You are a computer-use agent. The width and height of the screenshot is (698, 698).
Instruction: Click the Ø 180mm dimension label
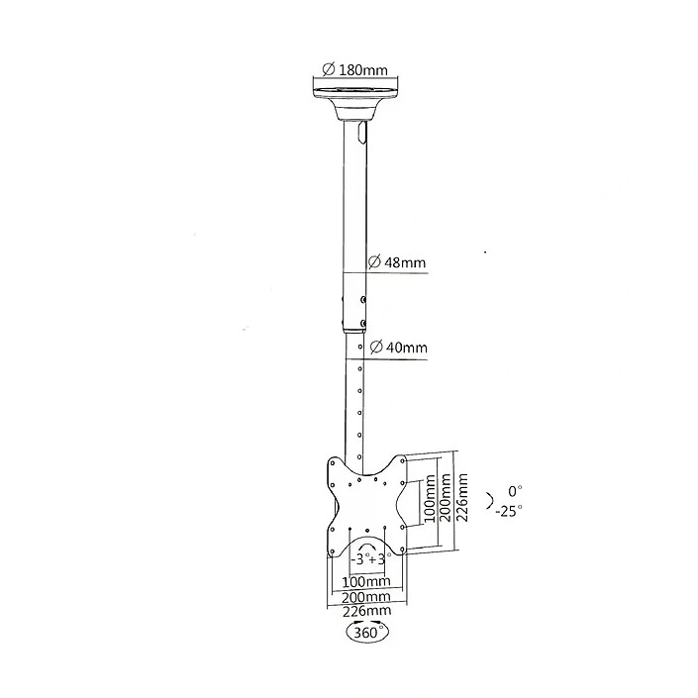coord(353,69)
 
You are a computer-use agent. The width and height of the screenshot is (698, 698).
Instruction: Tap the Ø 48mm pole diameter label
coord(397,262)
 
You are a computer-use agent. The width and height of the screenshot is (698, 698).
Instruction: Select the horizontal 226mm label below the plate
coord(366,612)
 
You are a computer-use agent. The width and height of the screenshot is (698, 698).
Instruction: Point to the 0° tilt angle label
coord(513,491)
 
